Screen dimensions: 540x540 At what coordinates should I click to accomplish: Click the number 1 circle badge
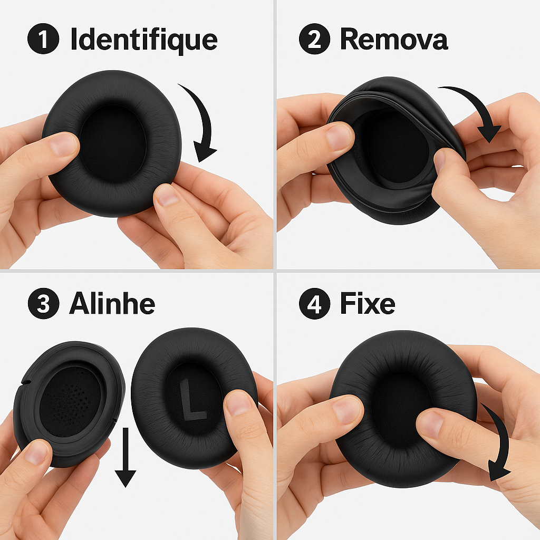(43, 38)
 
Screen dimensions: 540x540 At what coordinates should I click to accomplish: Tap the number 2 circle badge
(314, 38)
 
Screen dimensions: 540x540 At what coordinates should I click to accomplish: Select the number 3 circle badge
(43, 303)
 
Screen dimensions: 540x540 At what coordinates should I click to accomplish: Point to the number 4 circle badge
(314, 303)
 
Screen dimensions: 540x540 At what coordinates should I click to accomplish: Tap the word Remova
(394, 39)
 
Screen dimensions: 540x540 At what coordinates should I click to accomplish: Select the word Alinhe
(112, 303)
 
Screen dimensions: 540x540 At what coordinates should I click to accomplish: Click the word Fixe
(368, 303)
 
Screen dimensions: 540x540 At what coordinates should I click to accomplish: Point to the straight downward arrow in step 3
(126, 457)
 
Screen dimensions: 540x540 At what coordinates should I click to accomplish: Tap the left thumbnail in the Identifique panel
(64, 144)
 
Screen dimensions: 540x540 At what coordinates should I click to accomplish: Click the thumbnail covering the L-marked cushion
(238, 403)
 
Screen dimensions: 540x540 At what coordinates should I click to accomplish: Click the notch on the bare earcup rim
(25, 382)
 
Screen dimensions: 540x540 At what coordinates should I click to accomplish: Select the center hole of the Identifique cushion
(113, 144)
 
